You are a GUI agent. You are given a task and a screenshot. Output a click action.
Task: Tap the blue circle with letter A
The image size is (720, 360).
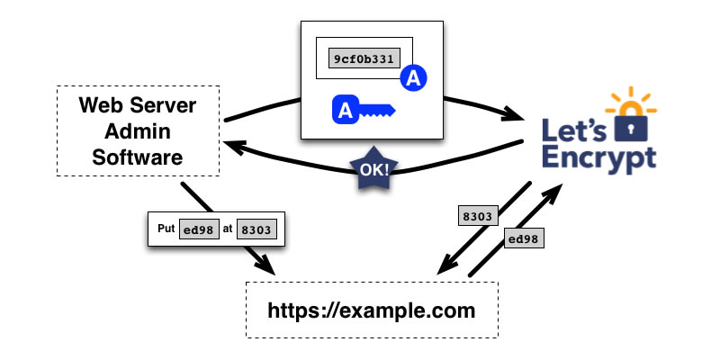pos(413,79)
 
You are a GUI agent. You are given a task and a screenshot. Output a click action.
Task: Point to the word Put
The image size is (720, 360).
pos(165,229)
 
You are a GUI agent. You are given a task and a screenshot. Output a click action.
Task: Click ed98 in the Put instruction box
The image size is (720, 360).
pos(197,229)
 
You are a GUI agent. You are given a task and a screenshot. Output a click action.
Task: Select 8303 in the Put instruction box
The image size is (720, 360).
pos(256,229)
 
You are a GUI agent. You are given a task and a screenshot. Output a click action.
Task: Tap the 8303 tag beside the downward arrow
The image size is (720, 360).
pos(477,216)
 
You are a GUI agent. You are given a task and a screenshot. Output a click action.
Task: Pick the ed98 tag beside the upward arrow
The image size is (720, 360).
pos(524,239)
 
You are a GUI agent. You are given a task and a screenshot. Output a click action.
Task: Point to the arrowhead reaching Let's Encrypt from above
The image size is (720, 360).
pos(517,116)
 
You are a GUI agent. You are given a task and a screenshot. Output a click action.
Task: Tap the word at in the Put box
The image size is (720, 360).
pos(228,229)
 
